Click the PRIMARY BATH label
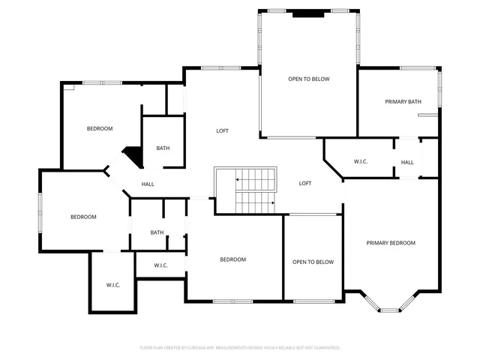tap(403, 101)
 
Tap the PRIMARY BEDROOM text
tap(390, 242)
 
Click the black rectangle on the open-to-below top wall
tap(308, 12)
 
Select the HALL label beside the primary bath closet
tap(407, 162)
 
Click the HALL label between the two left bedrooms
tap(148, 184)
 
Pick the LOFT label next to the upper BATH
tap(222, 130)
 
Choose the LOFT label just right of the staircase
tap(305, 183)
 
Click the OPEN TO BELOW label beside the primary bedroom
tap(313, 262)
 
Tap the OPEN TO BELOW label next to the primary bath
tap(309, 79)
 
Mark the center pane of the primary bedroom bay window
tap(390, 308)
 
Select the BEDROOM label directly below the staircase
tap(232, 259)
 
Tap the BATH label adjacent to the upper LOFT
tap(163, 148)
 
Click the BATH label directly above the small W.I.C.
tap(157, 232)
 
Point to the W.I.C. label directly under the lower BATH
tap(160, 265)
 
